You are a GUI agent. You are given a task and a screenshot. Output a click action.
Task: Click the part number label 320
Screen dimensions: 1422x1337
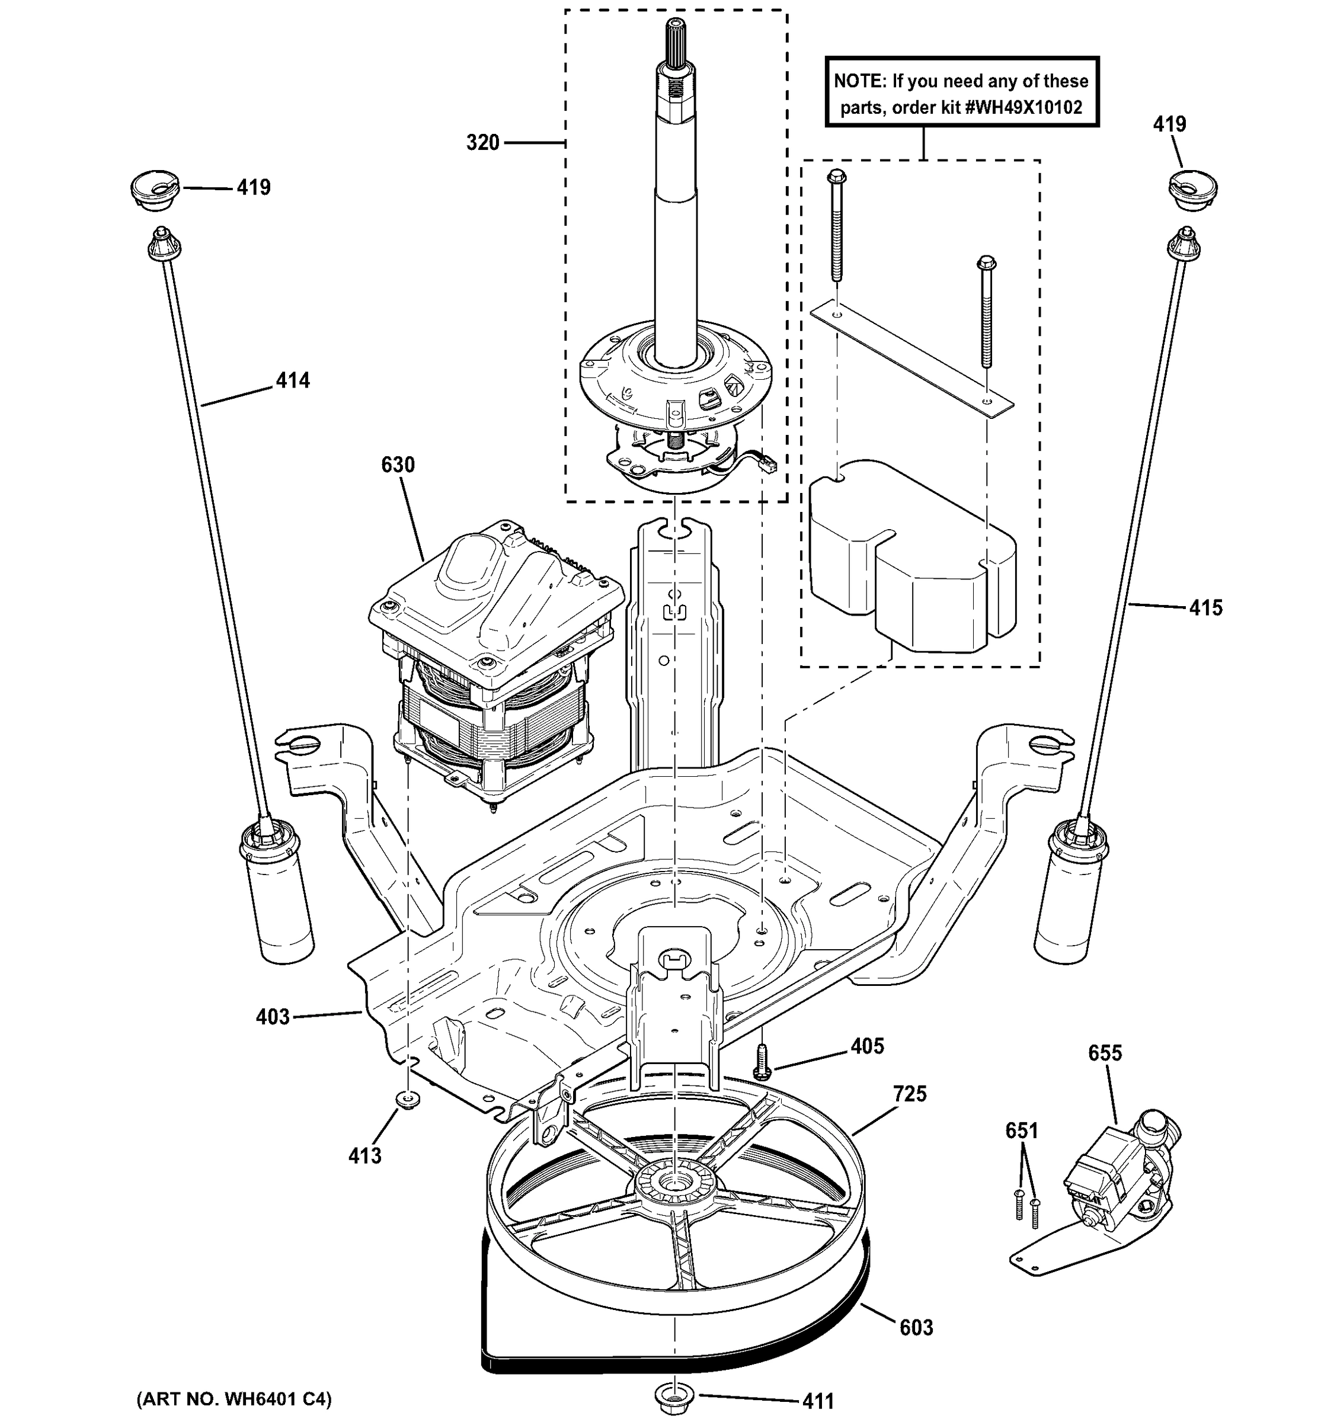482,143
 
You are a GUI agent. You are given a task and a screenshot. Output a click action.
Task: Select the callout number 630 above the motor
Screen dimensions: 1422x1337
398,465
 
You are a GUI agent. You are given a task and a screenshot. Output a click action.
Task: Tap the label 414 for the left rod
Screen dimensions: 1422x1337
293,380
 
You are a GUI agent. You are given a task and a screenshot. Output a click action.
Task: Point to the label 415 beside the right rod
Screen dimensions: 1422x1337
1205,607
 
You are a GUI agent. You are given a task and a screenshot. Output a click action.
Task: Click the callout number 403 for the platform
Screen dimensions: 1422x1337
273,1016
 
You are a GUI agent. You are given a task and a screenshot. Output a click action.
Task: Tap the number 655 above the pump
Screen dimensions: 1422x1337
1105,1053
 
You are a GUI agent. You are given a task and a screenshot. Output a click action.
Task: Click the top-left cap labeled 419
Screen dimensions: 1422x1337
154,189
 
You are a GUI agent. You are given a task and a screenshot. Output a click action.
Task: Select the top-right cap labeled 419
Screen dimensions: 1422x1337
1192,187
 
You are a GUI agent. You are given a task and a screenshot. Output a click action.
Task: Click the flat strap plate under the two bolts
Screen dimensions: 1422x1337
911,358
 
